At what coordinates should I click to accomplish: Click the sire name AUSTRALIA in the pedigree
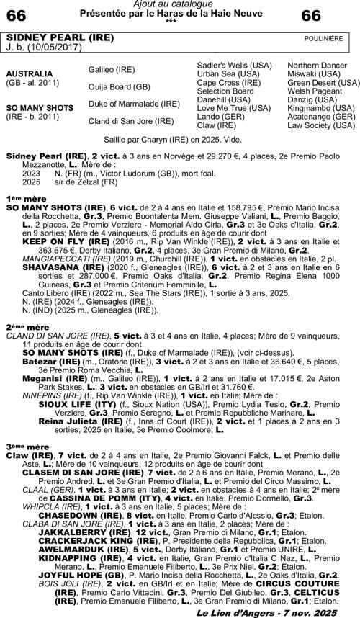pyautogui.click(x=30, y=74)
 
